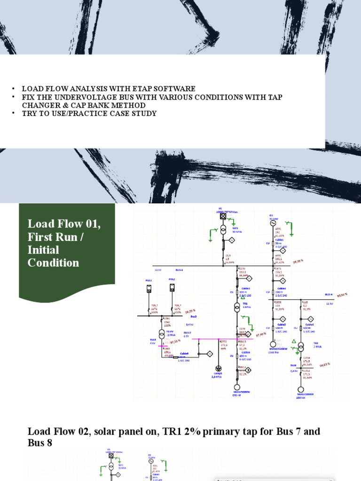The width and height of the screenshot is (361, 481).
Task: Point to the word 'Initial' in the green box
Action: click(43, 250)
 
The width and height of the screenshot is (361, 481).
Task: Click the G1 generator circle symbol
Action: click(272, 224)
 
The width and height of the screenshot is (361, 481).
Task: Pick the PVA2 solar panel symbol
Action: click(172, 287)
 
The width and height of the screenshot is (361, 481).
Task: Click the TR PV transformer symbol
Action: click(162, 333)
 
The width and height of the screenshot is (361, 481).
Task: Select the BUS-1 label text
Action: click(179, 271)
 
